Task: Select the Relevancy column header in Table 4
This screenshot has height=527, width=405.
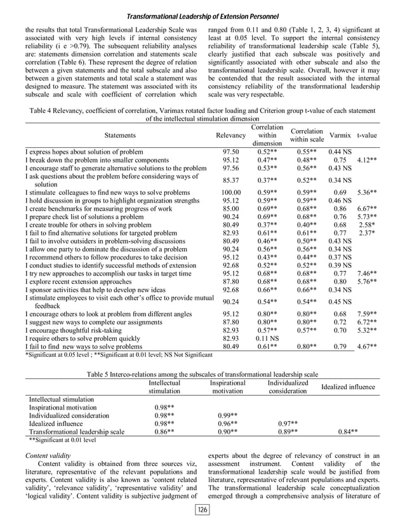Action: click(230, 135)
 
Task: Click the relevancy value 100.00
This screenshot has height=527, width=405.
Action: click(230, 192)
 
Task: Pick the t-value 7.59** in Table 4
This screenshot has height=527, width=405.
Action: click(367, 313)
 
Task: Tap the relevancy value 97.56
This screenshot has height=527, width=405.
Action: click(230, 169)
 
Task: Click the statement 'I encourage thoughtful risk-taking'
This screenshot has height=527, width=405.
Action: click(77, 331)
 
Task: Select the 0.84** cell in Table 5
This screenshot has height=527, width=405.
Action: click(347, 431)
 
